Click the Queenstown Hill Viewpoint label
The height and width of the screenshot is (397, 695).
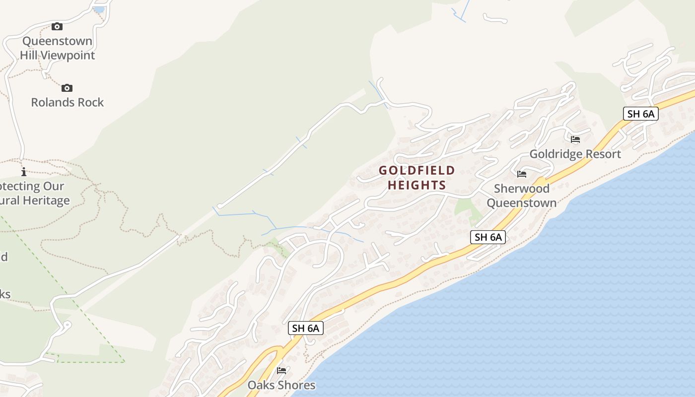[x=57, y=48]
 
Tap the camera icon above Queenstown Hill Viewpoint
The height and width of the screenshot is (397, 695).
[x=57, y=26]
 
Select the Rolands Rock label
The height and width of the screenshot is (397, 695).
[x=68, y=102]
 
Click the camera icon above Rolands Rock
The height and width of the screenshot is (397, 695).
[x=67, y=88]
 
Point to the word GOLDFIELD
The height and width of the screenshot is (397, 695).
[x=417, y=171]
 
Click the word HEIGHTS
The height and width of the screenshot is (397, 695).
[x=417, y=186]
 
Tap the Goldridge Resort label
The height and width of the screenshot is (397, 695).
[x=575, y=154]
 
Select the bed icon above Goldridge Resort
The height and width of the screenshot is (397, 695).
[x=575, y=139]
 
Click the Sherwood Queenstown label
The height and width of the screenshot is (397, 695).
[x=521, y=196]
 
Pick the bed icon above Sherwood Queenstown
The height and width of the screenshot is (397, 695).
[x=522, y=174]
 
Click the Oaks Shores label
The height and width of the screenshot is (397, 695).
[x=281, y=385]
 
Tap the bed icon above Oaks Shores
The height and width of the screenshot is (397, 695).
[x=281, y=370]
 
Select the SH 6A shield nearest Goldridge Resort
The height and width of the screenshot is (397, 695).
[x=640, y=114]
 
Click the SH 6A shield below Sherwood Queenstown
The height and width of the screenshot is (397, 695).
[x=488, y=237]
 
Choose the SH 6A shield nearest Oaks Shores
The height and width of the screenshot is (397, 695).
[x=305, y=328]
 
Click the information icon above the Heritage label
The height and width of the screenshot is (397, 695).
[x=23, y=172]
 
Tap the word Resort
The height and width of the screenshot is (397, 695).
[x=603, y=154]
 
